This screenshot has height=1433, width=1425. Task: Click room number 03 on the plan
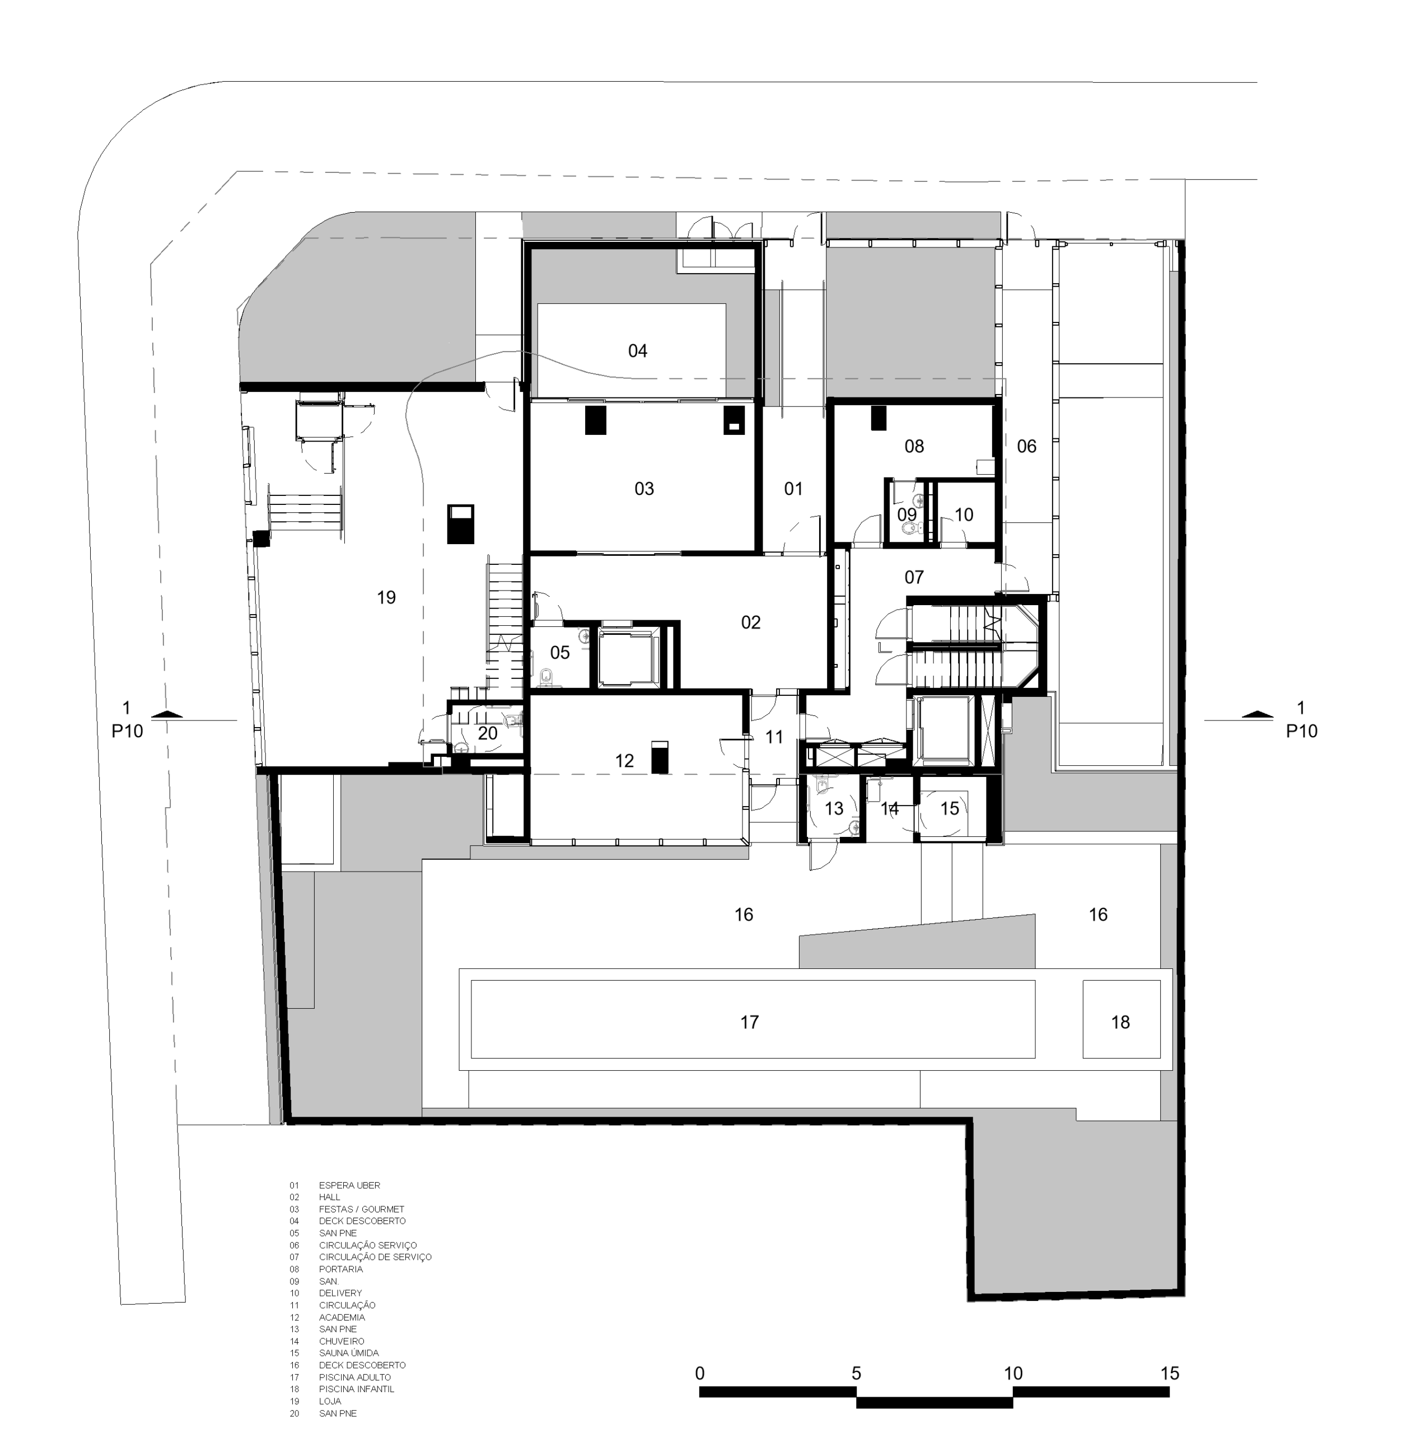644,489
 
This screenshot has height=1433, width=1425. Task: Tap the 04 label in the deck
638,351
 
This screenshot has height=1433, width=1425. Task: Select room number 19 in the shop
386,597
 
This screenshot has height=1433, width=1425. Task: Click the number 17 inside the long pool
749,1022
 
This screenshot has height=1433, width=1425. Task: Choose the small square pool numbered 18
1121,1019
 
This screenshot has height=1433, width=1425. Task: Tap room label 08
914,446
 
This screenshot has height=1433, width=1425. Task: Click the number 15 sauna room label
950,808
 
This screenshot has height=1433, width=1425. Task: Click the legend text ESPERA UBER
349,1185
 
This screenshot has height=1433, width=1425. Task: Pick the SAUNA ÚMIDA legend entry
349,1353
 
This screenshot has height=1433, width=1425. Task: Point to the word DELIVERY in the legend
340,1293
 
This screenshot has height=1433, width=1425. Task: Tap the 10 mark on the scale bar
1013,1373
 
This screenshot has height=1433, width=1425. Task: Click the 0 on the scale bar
699,1373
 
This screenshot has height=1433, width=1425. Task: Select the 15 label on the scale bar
1169,1373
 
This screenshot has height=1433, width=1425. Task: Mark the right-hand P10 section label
1302,732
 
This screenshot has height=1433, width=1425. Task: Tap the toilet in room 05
546,675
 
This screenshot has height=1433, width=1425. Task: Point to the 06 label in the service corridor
1027,446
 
